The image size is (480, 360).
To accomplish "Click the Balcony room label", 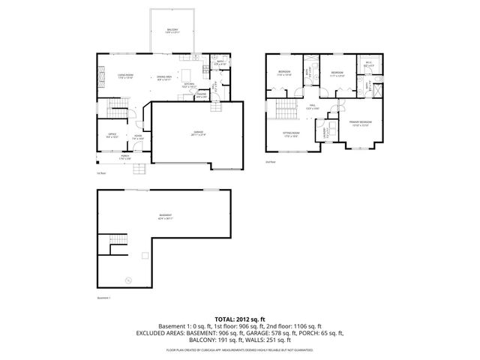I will (172, 31).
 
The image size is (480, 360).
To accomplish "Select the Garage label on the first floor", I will (197, 133).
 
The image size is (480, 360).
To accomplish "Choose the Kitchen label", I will (188, 86).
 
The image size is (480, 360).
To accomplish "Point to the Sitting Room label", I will (290, 135).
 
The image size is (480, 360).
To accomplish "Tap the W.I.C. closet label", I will (369, 64).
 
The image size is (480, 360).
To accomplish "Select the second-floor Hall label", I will (313, 107).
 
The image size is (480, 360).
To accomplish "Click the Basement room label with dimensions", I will (165, 218).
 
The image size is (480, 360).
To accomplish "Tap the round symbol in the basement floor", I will (127, 280).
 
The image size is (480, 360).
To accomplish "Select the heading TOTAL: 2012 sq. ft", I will (240, 319).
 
